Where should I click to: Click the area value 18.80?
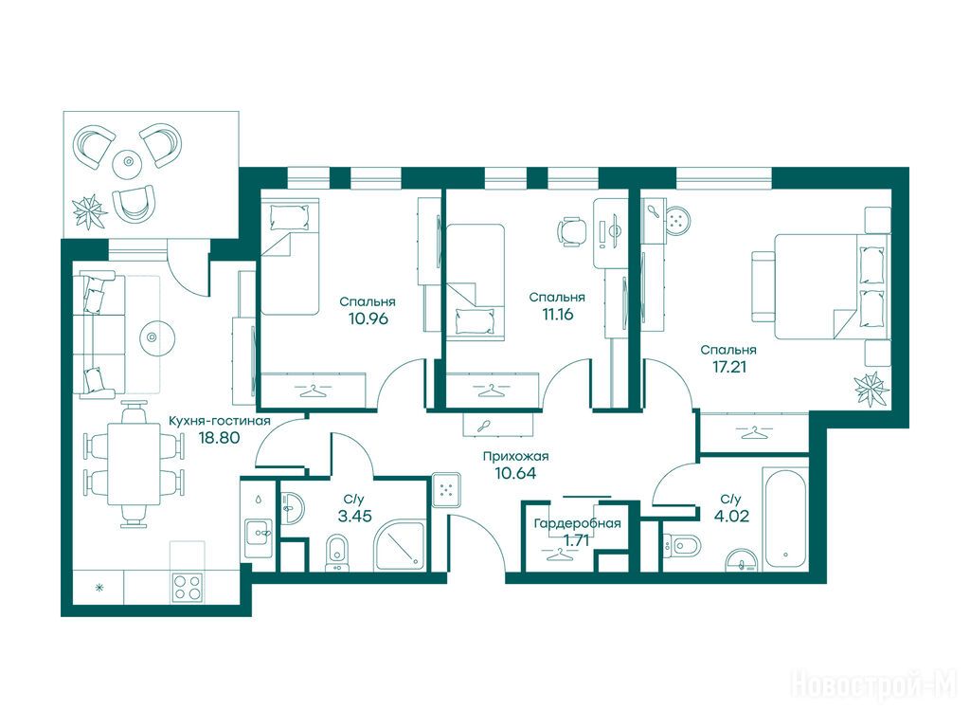click(219, 438)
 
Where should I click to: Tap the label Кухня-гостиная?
click(220, 421)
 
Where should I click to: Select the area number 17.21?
click(729, 366)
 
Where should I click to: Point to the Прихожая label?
click(515, 456)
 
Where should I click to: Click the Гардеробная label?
click(577, 523)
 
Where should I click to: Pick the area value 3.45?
click(354, 515)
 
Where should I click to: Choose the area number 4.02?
click(731, 515)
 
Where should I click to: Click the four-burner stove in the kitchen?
click(187, 587)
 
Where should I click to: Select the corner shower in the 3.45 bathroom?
click(400, 546)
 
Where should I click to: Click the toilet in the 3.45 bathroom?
click(336, 553)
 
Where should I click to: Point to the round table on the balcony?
click(129, 161)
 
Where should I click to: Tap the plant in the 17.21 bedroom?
click(872, 389)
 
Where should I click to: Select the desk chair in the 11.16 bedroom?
click(571, 231)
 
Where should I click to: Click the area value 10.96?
click(368, 318)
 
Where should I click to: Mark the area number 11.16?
click(557, 314)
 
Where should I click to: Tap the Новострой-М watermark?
click(875, 684)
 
